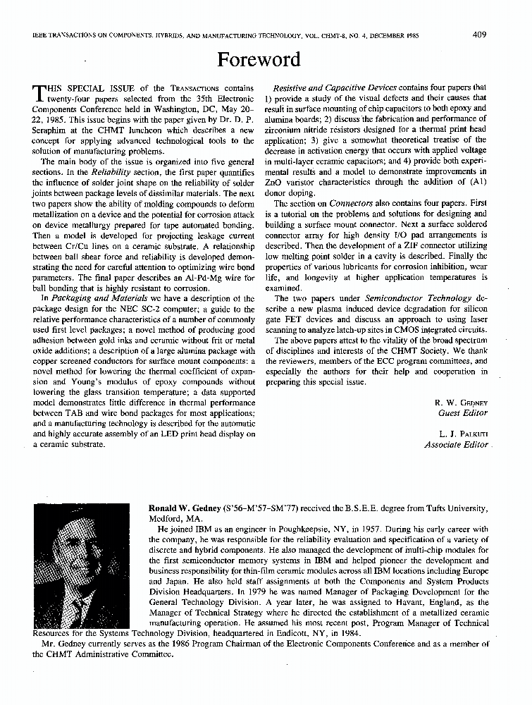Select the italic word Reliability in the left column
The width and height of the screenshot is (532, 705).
coord(111,172)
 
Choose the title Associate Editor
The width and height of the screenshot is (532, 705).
coord(456,445)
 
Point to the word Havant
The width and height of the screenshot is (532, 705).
coord(392,603)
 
